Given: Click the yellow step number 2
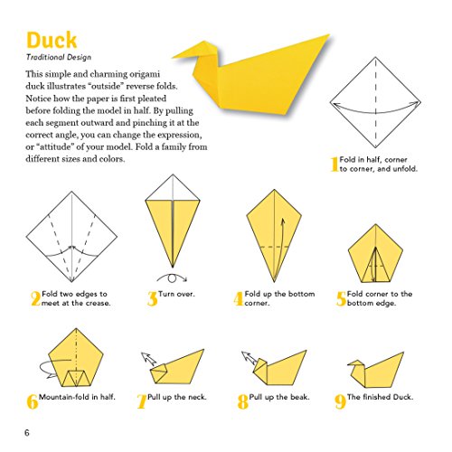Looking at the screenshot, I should click(x=35, y=299).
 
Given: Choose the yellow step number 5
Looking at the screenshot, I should click(x=341, y=299).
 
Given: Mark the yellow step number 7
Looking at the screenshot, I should click(x=141, y=401).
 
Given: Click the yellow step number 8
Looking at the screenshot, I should click(x=242, y=401).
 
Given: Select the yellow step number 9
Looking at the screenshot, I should click(x=340, y=401).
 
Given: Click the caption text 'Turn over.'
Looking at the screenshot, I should click(x=184, y=295).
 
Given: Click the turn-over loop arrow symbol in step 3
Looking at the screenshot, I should click(x=171, y=278).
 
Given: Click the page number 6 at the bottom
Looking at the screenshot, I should click(x=27, y=434).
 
